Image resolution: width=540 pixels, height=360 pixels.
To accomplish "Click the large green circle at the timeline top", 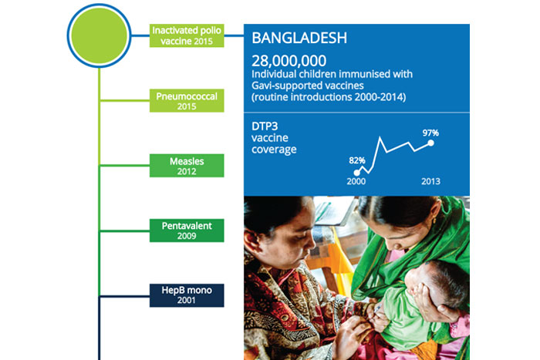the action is click(100, 35).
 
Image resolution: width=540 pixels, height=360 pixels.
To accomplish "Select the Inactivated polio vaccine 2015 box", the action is click(187, 35).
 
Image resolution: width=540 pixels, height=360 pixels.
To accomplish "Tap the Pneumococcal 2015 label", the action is click(187, 100).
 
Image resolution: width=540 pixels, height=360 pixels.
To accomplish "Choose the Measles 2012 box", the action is click(187, 166).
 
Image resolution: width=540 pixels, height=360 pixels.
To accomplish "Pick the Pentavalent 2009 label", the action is click(187, 230).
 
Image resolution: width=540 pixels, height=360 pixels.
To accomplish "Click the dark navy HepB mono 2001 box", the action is click(187, 295).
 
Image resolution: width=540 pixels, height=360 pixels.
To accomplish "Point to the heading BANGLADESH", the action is click(299, 38).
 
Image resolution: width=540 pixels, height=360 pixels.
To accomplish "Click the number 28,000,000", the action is click(289, 61).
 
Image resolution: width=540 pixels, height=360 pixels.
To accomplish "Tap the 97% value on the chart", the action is click(430, 133).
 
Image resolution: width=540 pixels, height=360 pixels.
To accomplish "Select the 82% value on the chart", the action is click(356, 160).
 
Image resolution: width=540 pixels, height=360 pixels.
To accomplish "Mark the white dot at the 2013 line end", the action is click(430, 143).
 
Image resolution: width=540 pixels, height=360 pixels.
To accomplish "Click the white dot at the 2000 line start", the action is click(356, 173).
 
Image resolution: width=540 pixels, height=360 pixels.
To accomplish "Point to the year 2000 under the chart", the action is click(356, 181).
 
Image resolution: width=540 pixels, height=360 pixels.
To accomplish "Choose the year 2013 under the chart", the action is click(430, 181).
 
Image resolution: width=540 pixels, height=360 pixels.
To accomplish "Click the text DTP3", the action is click(265, 126).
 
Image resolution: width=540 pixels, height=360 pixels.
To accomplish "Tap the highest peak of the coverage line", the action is click(380, 138).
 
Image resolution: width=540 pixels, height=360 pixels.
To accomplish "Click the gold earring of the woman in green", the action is click(434, 220).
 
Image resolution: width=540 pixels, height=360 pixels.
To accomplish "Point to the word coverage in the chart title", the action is click(274, 150).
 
